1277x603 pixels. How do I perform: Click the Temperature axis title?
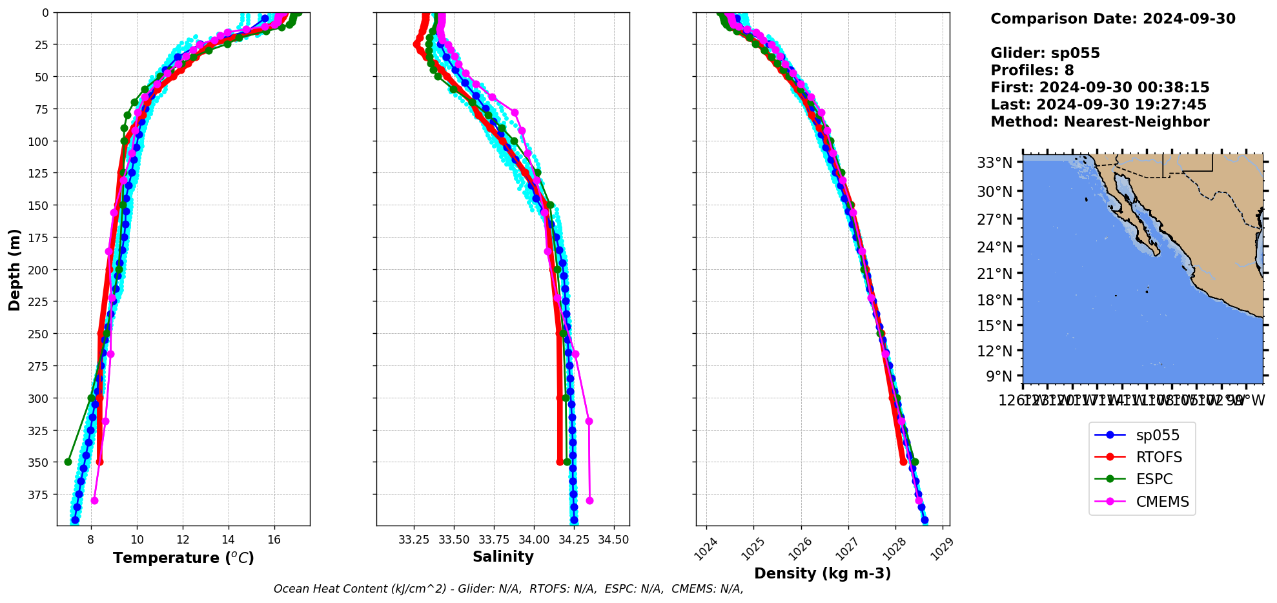[x=183, y=558]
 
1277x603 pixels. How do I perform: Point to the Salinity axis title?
[x=503, y=557]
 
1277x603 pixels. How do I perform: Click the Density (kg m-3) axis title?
[x=822, y=573]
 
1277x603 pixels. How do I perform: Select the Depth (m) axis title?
[x=15, y=269]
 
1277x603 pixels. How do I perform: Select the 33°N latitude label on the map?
[x=994, y=163]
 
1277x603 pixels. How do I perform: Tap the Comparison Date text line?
[x=1113, y=19]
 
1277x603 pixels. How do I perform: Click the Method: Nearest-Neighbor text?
[x=1100, y=122]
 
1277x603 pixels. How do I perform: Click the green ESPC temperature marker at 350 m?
[x=68, y=462]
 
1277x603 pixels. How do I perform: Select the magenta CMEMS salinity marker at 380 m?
[x=589, y=500]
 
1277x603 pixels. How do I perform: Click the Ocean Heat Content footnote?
[x=508, y=589]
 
